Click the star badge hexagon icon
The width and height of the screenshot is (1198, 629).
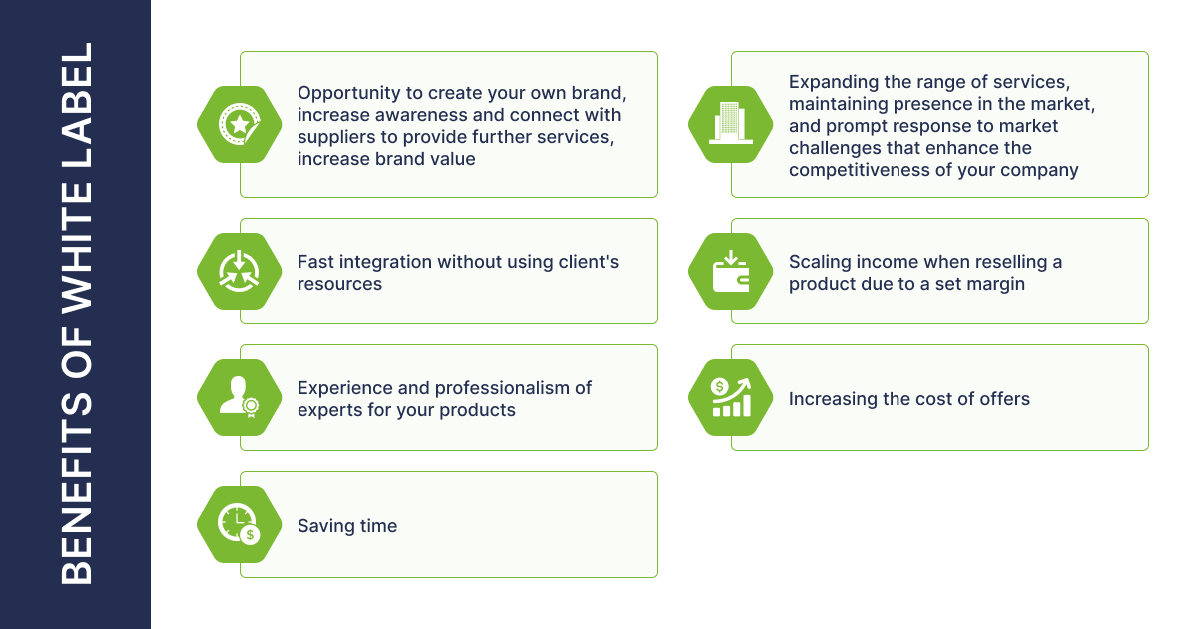[x=239, y=124]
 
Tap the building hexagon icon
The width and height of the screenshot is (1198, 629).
[x=730, y=124]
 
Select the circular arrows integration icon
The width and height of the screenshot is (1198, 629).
[x=239, y=271]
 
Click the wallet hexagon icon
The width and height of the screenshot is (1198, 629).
[x=730, y=271]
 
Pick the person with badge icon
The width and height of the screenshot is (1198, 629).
[x=239, y=397]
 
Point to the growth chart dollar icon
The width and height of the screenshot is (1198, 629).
[x=730, y=397]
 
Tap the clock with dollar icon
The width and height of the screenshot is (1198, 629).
[x=239, y=524]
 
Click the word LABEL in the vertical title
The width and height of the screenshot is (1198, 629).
[x=77, y=103]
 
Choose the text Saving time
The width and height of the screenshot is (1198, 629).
[x=347, y=526]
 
